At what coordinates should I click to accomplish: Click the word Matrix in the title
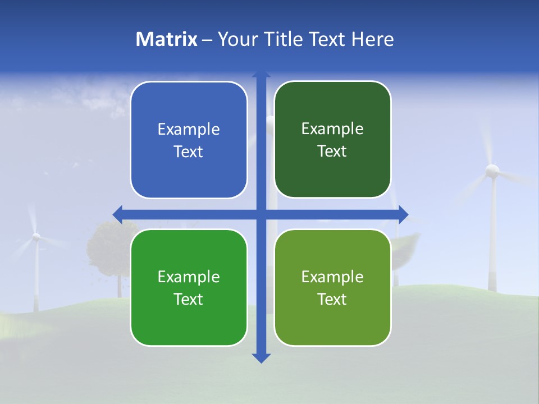point(167,39)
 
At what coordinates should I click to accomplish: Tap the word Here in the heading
point(372,39)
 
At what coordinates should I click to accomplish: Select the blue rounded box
point(189,140)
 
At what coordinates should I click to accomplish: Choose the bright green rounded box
point(189,287)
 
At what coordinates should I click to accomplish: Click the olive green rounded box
point(332,287)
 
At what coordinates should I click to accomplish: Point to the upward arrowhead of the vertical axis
point(261,75)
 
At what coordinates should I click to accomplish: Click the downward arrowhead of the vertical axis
point(261,357)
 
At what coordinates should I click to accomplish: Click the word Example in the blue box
point(189,129)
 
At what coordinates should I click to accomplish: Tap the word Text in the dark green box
point(332,151)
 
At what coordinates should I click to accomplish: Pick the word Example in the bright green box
point(189,277)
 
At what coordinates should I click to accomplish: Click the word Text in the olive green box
point(332,299)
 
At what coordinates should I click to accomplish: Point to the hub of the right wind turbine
point(492,170)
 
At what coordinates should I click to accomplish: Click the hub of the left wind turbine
point(36,237)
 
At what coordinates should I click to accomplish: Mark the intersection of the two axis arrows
point(261,214)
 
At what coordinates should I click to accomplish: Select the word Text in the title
point(327,39)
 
